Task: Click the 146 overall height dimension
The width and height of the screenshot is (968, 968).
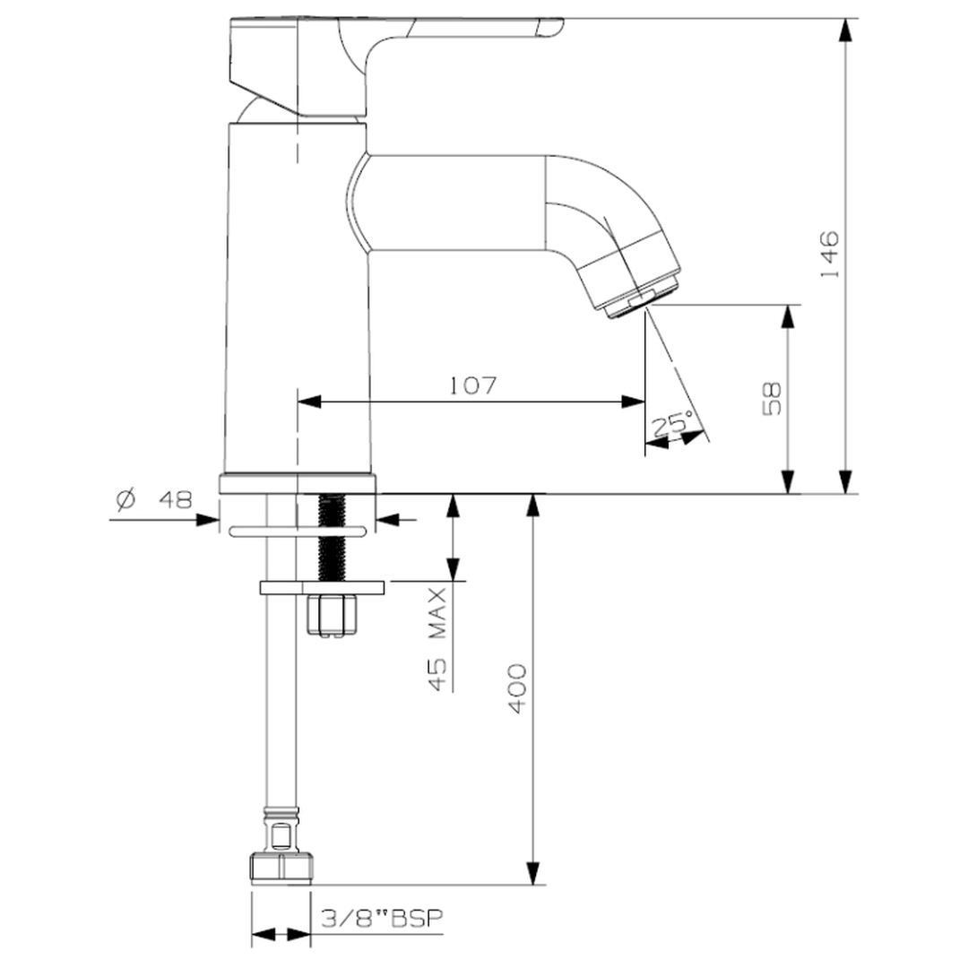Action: tap(829, 254)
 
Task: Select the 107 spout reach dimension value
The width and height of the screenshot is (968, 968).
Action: tap(472, 385)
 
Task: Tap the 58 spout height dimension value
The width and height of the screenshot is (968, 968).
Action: tap(772, 399)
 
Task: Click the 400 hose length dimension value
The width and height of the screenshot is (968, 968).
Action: tap(517, 688)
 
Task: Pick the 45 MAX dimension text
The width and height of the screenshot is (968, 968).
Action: tap(436, 639)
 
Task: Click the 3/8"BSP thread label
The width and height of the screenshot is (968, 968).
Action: tap(382, 918)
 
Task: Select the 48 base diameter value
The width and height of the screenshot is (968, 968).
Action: tap(176, 499)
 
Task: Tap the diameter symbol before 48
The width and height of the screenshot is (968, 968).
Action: tap(125, 499)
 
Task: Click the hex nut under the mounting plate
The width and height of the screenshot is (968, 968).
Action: tap(333, 615)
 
